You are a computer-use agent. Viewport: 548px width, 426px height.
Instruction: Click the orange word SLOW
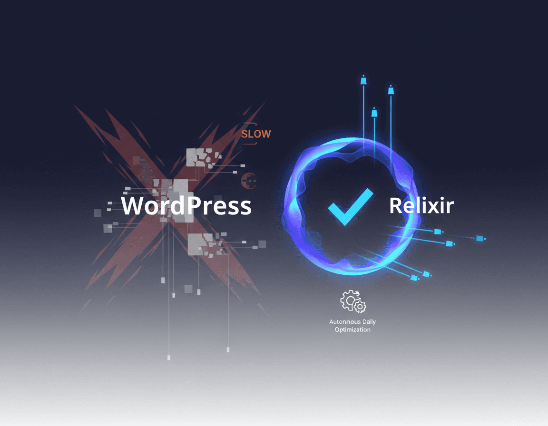click(x=255, y=134)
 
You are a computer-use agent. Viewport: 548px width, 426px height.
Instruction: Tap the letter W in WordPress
click(x=133, y=206)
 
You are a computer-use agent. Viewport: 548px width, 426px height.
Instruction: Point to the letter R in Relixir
click(x=396, y=206)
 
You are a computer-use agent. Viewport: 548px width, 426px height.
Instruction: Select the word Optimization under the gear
click(x=352, y=329)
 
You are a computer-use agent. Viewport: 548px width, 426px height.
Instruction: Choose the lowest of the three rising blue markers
click(x=374, y=113)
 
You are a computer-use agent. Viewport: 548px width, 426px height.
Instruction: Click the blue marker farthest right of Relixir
click(x=480, y=238)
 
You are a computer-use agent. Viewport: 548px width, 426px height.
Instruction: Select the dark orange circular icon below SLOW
click(x=249, y=180)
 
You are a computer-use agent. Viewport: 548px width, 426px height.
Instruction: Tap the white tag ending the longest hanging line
click(x=169, y=358)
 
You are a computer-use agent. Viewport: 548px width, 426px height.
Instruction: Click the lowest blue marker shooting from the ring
click(x=414, y=278)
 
